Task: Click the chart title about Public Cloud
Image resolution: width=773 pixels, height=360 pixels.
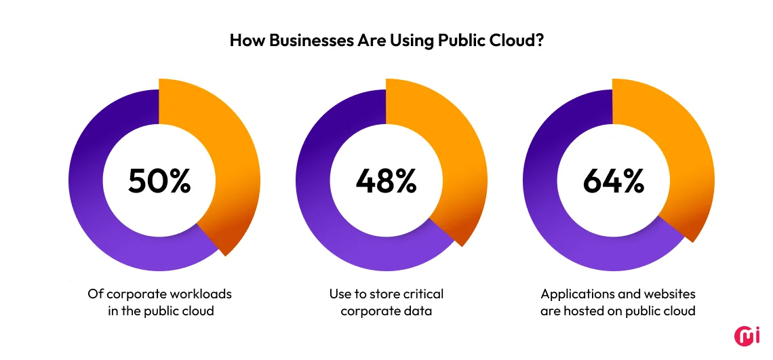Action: pyautogui.click(x=386, y=40)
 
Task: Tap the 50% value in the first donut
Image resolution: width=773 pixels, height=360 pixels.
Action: pyautogui.click(x=159, y=180)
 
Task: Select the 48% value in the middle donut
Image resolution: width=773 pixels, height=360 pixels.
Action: pyautogui.click(x=386, y=180)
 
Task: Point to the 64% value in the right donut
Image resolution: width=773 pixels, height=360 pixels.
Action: pyautogui.click(x=613, y=180)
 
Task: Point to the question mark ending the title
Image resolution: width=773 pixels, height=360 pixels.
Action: pyautogui.click(x=540, y=40)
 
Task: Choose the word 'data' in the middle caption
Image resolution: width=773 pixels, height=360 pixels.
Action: pyautogui.click(x=419, y=311)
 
